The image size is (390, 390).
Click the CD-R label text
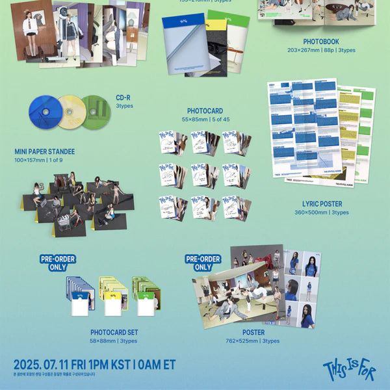point(123,97)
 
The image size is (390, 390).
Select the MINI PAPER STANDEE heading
point(45,151)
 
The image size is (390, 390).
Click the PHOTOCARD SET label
point(114,332)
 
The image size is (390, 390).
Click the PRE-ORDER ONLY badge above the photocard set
point(58,263)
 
